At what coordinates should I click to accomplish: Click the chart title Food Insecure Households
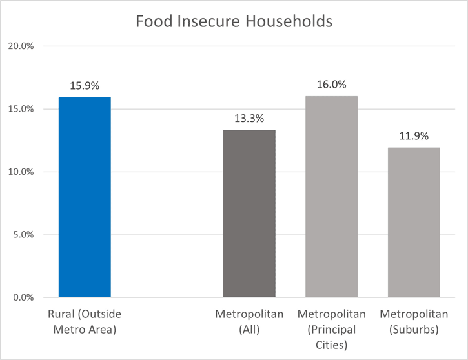234,21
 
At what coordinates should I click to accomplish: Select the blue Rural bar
85,197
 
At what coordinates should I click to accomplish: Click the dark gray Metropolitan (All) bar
249,214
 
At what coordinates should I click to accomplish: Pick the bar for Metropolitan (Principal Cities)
331,197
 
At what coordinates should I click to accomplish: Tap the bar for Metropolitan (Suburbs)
414,223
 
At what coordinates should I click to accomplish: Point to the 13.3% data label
249,119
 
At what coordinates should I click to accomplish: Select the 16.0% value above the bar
331,85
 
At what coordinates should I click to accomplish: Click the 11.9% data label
414,136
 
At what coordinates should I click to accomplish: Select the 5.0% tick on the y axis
23,235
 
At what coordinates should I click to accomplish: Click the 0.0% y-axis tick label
23,297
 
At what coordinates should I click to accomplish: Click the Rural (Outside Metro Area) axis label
85,321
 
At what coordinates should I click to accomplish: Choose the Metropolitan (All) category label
249,321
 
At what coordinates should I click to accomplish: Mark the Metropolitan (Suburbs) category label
414,321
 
